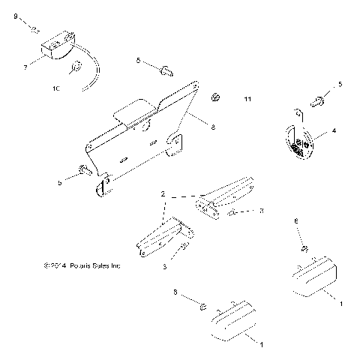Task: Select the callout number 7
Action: click(25, 67)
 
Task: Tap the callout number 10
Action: click(55, 89)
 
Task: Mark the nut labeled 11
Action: click(216, 96)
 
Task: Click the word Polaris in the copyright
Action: click(85, 265)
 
